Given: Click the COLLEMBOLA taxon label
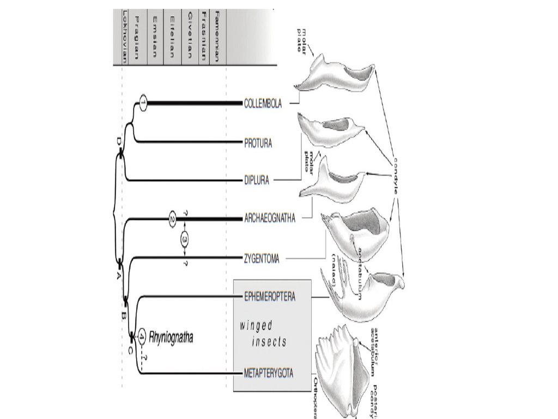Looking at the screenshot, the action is click(263, 103).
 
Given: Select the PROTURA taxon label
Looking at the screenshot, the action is click(258, 143).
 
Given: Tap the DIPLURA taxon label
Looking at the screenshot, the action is click(256, 179).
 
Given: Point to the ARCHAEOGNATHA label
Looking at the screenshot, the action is click(269, 219).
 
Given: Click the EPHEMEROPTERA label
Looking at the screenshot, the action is click(269, 297).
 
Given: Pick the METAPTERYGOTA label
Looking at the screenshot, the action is click(269, 374).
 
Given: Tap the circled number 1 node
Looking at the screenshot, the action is click(143, 103).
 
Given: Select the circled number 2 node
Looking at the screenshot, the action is click(172, 219).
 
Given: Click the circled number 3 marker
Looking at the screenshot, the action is click(185, 238).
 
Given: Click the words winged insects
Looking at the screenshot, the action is click(263, 334).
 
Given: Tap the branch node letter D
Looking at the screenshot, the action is click(118, 142).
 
